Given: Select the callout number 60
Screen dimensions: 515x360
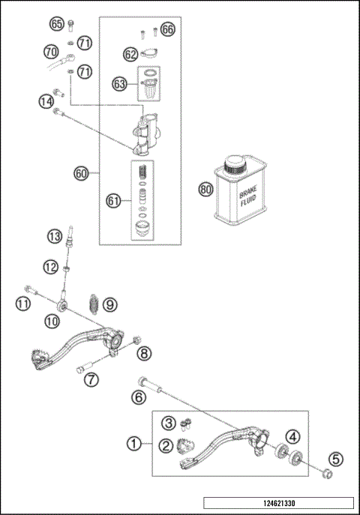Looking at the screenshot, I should pos(82,173).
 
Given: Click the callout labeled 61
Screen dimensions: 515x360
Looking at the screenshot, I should pos(113,200).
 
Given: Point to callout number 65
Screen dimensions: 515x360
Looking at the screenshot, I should pos(57,24).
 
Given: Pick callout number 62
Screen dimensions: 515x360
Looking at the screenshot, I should pos(130,54).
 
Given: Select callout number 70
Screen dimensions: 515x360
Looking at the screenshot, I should pos(51,52).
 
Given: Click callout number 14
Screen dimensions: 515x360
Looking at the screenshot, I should pos(46,100).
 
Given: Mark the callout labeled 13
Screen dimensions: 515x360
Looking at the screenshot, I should pos(54,236).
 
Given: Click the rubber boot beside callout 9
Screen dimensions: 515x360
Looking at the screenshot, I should pos(95,304).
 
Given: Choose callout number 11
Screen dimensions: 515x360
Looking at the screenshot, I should pos(23,304).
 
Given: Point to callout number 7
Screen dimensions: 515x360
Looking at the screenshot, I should pos(91,379).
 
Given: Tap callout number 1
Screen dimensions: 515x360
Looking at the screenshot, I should pos(134,445).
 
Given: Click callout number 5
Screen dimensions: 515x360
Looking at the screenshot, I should pos(336,460).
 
